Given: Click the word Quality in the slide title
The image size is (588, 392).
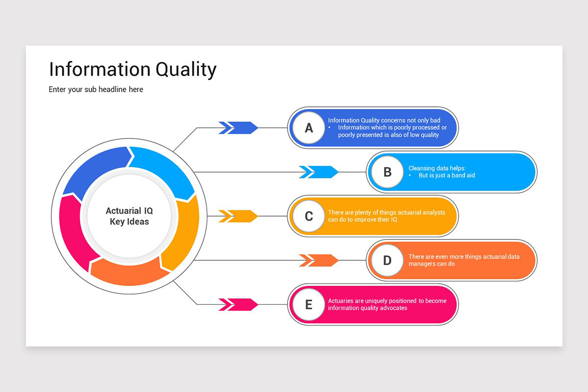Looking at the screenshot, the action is point(186,70).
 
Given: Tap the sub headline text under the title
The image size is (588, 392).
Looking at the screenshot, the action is point(96,90).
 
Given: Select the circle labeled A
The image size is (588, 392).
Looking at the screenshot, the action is point(309,128).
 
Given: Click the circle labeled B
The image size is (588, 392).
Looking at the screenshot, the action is point(388,172).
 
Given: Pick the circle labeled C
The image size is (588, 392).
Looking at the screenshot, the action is point(309,216).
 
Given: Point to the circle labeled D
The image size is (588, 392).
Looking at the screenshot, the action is point(388,260).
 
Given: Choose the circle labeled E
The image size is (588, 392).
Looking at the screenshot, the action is point(309,305).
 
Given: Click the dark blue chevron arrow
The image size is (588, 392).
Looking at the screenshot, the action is point(238,128).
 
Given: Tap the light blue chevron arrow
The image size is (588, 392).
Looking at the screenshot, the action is point(318,172).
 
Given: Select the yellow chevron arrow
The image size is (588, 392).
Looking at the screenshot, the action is point(238,216).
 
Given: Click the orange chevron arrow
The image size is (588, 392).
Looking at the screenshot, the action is point(318,260).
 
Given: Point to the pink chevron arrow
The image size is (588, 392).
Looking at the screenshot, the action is point(238,305).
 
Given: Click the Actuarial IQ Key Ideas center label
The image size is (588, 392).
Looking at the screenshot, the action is point(129,216).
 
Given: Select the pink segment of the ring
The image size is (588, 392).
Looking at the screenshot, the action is point(72,231).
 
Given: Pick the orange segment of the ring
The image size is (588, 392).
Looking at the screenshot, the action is point(128,273).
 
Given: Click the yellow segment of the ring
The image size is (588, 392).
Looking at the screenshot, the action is point(184,231).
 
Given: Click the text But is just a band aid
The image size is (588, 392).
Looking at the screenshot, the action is point(446,175).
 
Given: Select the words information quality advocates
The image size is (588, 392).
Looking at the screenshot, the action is point(367,308).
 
